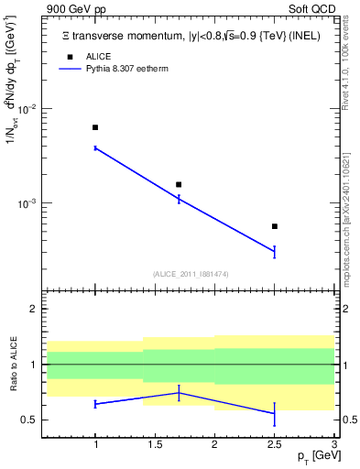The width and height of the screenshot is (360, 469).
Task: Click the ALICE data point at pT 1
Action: [x=95, y=127]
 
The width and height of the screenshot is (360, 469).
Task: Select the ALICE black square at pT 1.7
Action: [x=179, y=184]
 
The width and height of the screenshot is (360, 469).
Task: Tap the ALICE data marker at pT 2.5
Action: [x=274, y=226]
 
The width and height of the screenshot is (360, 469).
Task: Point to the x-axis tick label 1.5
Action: [x=155, y=443]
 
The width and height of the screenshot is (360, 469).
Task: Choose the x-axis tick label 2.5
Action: [x=274, y=443]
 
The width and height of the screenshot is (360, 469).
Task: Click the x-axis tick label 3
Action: [x=333, y=443]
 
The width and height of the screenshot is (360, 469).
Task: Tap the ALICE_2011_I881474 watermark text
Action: [x=190, y=274]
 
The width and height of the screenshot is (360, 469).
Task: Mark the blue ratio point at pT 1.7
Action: [x=179, y=393]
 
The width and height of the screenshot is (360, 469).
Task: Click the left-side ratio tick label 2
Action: [x=33, y=310]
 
